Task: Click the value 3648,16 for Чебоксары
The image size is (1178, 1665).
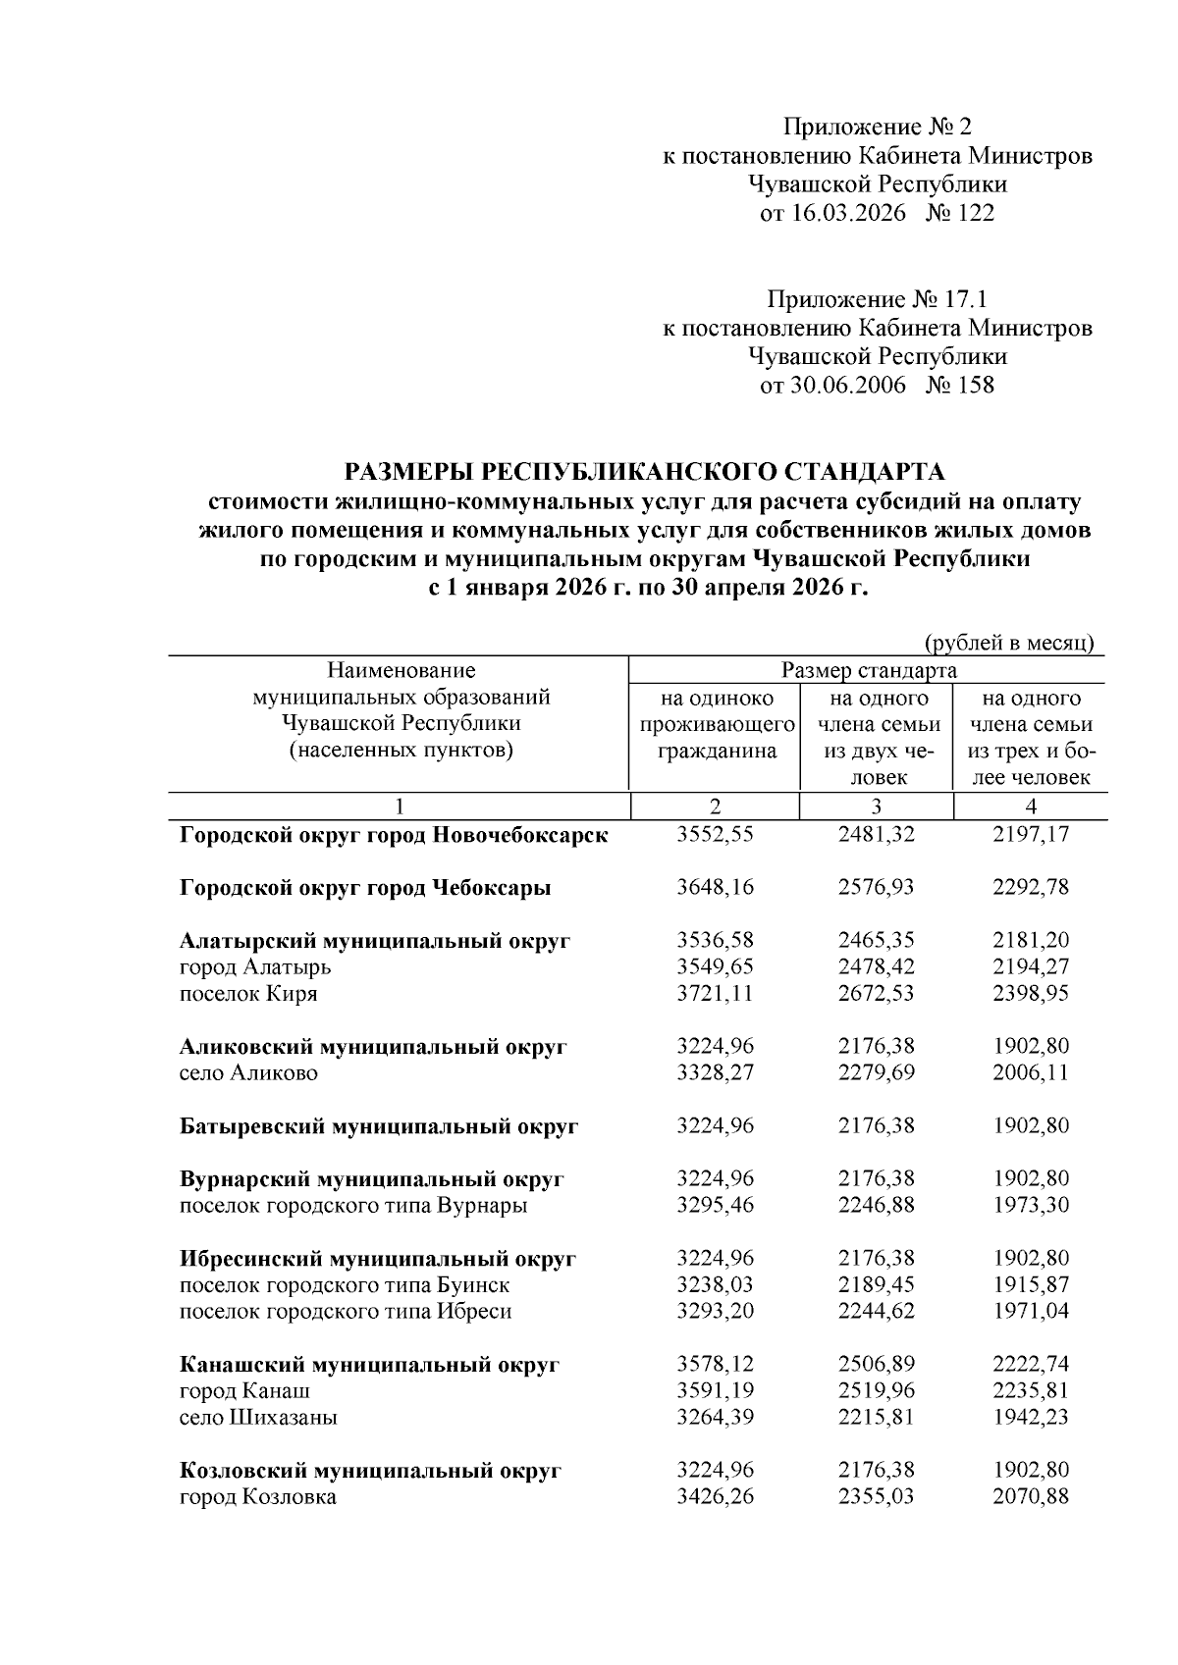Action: [716, 888]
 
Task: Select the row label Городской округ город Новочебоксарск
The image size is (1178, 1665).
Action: [394, 835]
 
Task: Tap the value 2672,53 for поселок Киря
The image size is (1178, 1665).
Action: [876, 994]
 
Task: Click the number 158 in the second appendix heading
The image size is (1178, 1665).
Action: [975, 385]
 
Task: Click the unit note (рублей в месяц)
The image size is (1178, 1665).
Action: [1009, 643]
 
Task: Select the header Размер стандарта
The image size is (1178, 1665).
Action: [868, 671]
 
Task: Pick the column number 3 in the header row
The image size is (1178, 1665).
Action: [876, 806]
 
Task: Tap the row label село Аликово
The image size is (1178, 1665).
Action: [248, 1073]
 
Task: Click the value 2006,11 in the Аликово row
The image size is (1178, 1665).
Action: [1030, 1073]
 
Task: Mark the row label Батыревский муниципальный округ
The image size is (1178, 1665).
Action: [379, 1126]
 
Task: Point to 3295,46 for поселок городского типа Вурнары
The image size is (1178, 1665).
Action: [716, 1206]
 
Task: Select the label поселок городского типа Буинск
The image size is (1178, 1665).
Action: [345, 1285]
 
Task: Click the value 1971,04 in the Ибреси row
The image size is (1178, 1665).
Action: [1030, 1312]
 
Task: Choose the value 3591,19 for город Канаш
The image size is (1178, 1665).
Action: [716, 1391]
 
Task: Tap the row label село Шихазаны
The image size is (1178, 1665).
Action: [259, 1418]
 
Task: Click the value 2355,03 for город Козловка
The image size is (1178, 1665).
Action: [876, 1497]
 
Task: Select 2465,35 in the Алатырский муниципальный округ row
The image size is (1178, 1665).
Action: [876, 941]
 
